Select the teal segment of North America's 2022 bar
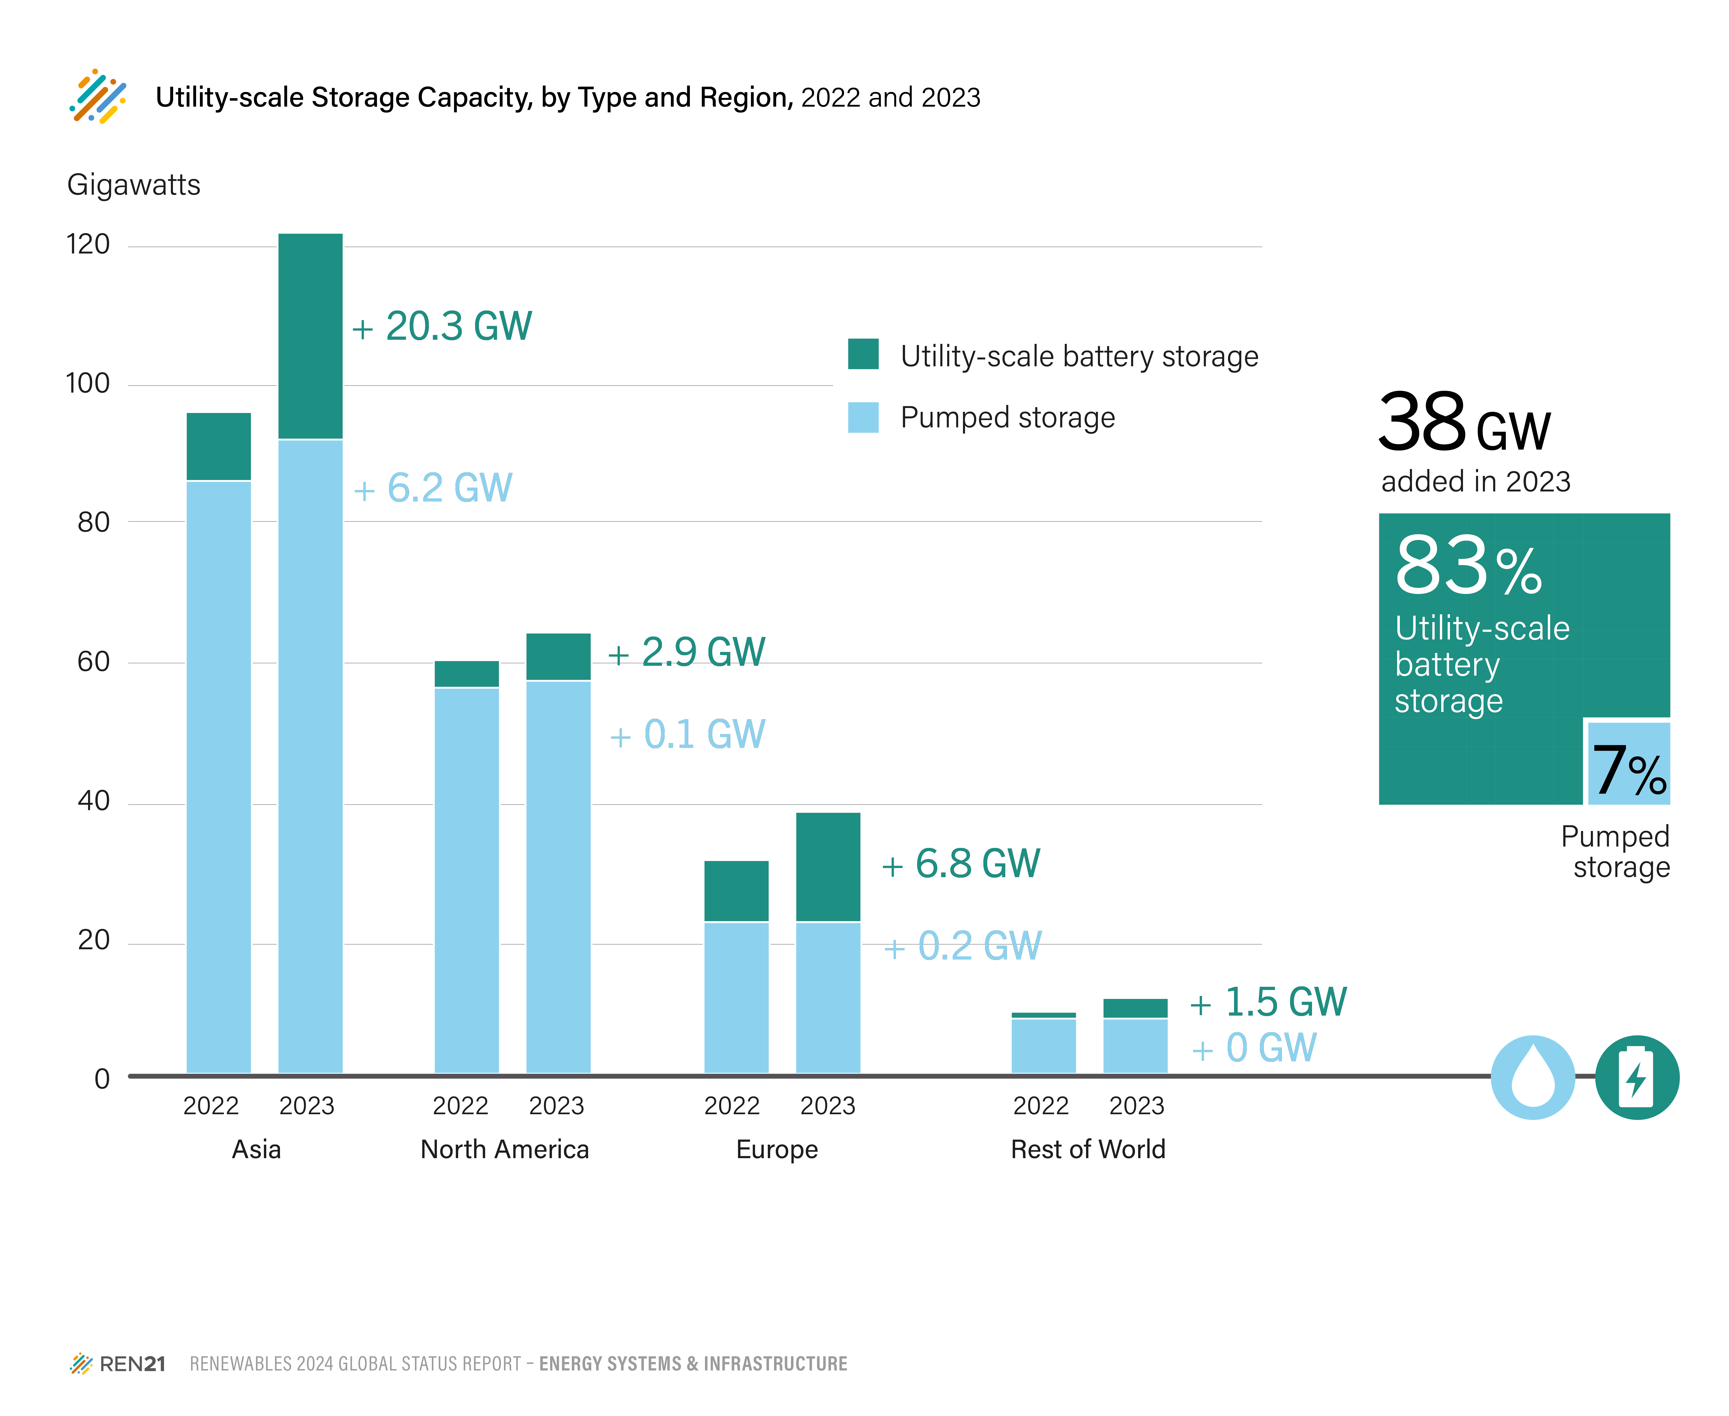pos(467,674)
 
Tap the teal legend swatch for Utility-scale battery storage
pos(863,354)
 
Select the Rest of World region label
pos(1088,1149)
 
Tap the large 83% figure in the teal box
pos(1468,566)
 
